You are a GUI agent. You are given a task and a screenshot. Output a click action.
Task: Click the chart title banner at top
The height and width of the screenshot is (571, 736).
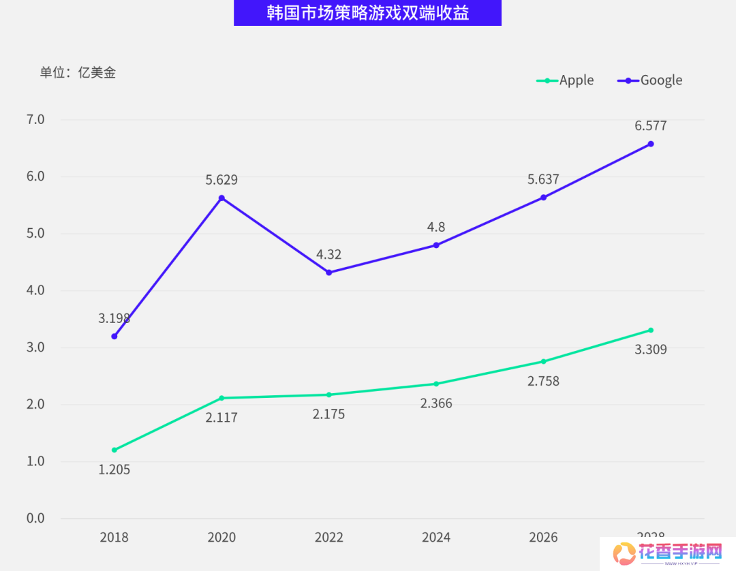point(367,13)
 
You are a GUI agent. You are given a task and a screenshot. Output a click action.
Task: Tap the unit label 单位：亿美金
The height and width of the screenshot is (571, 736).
point(78,72)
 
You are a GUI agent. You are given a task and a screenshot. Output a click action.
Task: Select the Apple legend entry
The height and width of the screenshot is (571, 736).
point(566,80)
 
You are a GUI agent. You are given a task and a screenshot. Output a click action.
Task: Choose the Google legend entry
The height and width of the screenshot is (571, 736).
point(650,80)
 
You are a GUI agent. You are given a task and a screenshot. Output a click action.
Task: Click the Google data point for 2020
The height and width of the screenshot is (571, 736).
point(221,198)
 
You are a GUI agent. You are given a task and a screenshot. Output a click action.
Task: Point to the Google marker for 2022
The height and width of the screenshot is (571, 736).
point(329,273)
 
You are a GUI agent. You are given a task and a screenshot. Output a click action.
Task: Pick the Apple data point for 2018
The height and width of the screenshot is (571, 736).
point(114,450)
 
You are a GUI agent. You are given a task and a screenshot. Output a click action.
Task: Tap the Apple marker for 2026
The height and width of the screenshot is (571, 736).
point(543,361)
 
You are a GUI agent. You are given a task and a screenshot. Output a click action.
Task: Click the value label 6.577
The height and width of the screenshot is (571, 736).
point(650,125)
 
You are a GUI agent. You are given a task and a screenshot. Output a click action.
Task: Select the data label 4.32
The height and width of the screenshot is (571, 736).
point(328,254)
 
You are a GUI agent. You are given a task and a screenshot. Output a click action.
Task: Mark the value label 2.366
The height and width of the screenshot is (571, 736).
point(436,403)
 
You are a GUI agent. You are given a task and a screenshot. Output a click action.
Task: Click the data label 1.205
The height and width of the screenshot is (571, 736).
point(114,469)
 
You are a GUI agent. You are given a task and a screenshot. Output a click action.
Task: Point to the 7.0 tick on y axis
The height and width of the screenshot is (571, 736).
point(35,119)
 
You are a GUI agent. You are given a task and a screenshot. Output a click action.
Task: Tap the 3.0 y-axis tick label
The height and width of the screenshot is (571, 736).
point(35,348)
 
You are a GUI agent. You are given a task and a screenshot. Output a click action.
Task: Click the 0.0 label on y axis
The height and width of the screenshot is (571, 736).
point(35,519)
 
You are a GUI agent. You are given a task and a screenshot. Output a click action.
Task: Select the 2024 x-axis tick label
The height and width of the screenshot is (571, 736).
point(436,538)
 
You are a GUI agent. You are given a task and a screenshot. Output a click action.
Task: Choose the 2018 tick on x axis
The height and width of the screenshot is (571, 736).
point(114,538)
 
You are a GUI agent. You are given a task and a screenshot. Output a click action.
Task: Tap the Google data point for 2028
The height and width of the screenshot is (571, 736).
point(651,144)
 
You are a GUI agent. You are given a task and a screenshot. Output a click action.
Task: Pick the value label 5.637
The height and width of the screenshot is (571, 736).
point(543,180)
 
